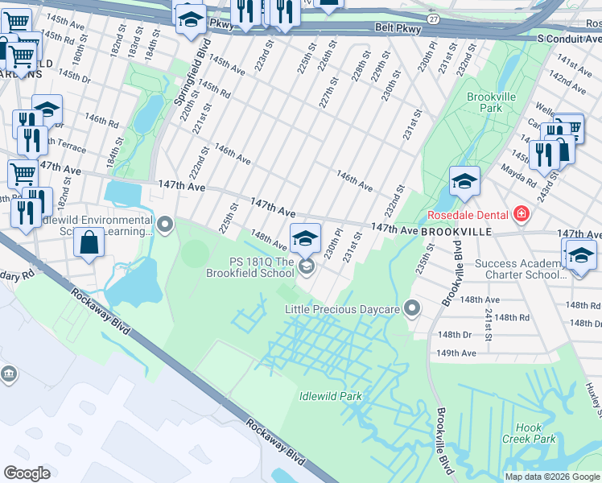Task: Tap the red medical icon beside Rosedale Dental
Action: pos(522,213)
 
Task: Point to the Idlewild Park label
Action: pos(330,396)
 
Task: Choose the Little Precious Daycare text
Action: pos(344,308)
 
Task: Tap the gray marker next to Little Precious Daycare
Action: pos(413,308)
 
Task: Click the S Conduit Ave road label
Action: pos(568,37)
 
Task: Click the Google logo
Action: pos(27,473)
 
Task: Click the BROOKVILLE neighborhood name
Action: pos(456,231)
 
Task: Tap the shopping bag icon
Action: pos(89,241)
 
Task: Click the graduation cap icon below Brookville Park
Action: pos(464,182)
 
